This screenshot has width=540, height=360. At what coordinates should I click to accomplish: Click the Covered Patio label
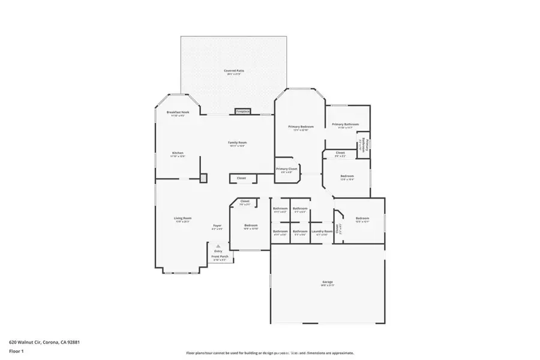pyautogui.click(x=234, y=71)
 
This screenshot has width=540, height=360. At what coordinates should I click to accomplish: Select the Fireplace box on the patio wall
pyautogui.click(x=242, y=111)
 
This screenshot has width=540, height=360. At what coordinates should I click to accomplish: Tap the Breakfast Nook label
pyautogui.click(x=178, y=113)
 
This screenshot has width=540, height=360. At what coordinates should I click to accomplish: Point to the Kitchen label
pyautogui.click(x=178, y=153)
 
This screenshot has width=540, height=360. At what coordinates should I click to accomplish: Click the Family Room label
pyautogui.click(x=238, y=143)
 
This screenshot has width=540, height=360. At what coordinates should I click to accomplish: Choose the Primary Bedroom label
pyautogui.click(x=301, y=127)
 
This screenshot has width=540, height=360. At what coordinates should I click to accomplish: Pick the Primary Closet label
pyautogui.click(x=287, y=169)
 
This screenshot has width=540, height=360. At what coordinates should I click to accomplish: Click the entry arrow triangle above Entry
pyautogui.click(x=218, y=246)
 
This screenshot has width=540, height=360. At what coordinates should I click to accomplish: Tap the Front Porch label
pyautogui.click(x=220, y=257)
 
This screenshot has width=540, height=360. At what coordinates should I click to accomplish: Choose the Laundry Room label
pyautogui.click(x=322, y=232)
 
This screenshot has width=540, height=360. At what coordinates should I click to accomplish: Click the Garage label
pyautogui.click(x=328, y=281)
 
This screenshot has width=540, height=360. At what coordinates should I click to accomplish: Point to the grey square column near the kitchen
pyautogui.click(x=203, y=178)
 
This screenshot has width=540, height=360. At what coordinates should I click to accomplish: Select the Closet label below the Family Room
pyautogui.click(x=241, y=178)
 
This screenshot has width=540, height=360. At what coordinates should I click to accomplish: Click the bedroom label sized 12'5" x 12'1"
pyautogui.click(x=362, y=218)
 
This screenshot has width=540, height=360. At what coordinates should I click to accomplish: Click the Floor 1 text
pyautogui.click(x=16, y=353)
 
